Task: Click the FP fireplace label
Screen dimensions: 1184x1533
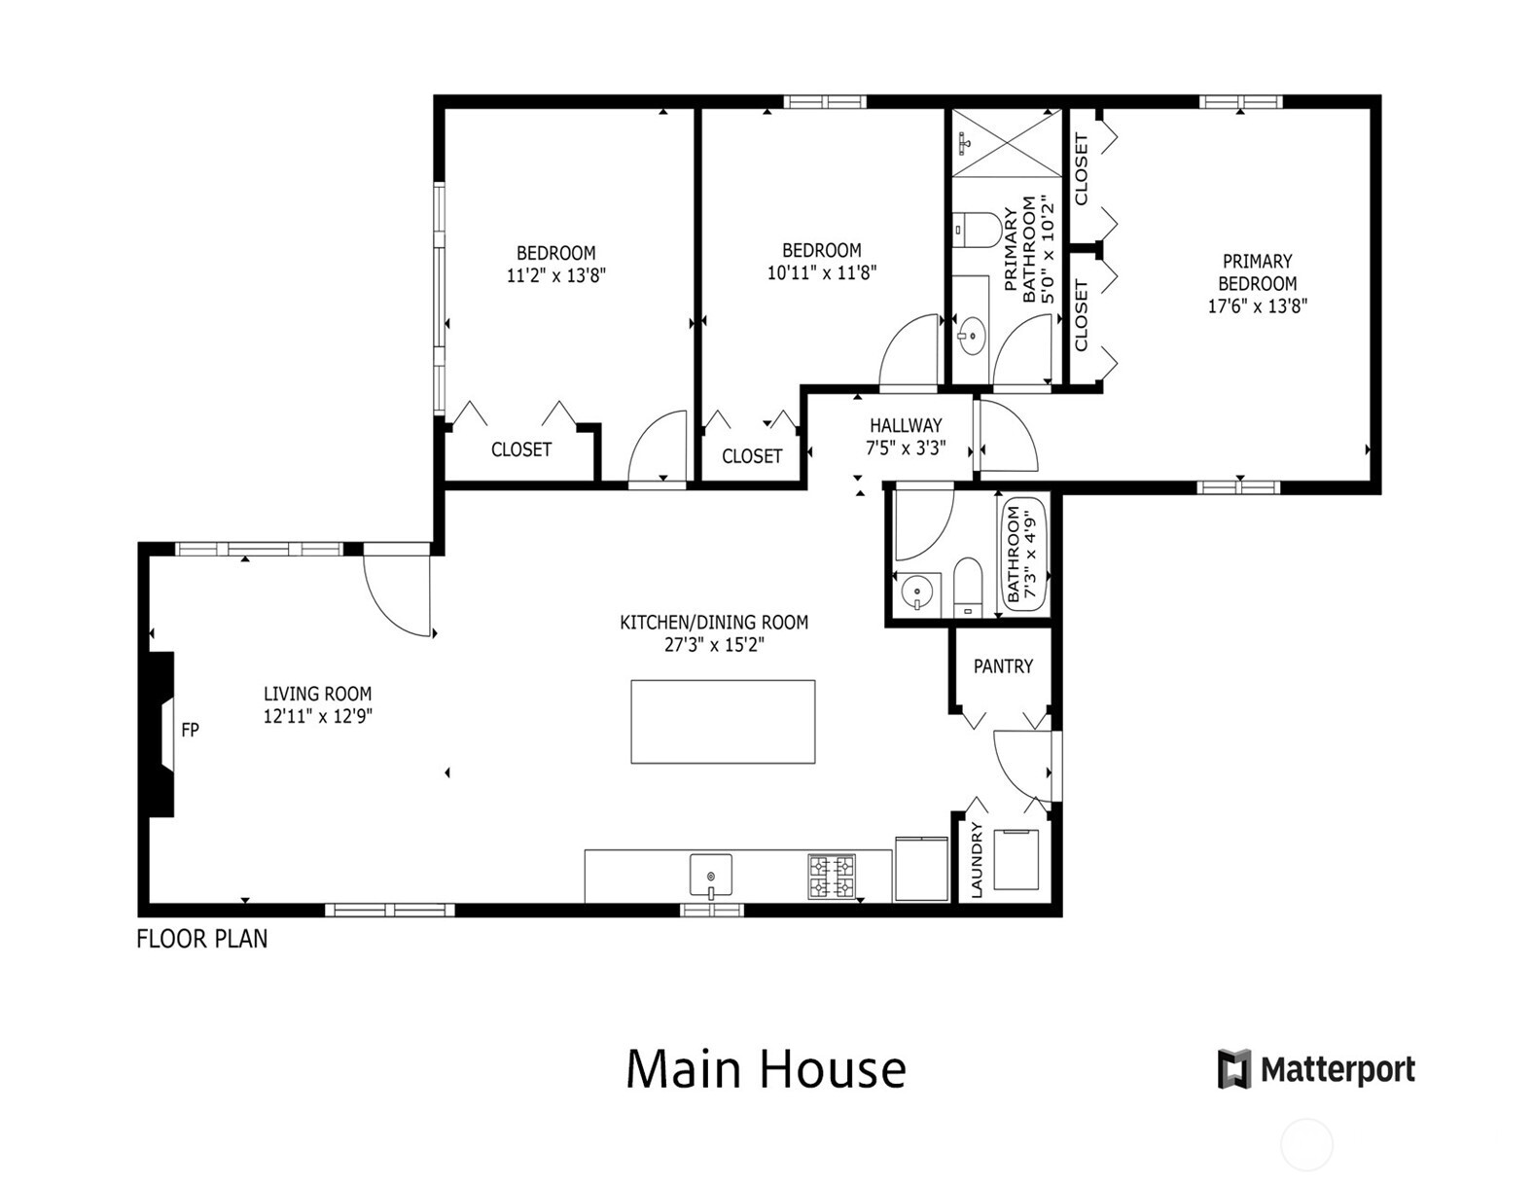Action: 190,730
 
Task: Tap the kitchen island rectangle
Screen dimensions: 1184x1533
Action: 723,722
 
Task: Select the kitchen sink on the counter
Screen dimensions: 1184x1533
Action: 711,875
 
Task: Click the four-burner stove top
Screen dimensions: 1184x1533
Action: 832,876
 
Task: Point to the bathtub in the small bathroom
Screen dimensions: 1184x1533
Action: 1023,556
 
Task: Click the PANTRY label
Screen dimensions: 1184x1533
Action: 1003,666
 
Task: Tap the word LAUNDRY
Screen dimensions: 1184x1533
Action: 977,860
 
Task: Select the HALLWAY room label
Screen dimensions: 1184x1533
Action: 906,425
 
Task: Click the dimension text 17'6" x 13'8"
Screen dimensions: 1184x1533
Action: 1257,305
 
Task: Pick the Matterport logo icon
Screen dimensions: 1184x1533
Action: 1234,1069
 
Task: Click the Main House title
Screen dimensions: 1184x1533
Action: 766,1068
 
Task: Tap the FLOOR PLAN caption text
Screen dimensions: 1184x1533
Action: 201,939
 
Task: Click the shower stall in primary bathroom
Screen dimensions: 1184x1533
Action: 1007,143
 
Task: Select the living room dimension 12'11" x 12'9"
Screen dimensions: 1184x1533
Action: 318,717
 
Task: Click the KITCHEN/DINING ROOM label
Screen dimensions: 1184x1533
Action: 714,622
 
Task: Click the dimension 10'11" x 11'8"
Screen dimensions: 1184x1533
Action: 821,273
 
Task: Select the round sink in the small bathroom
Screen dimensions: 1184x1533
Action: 916,592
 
